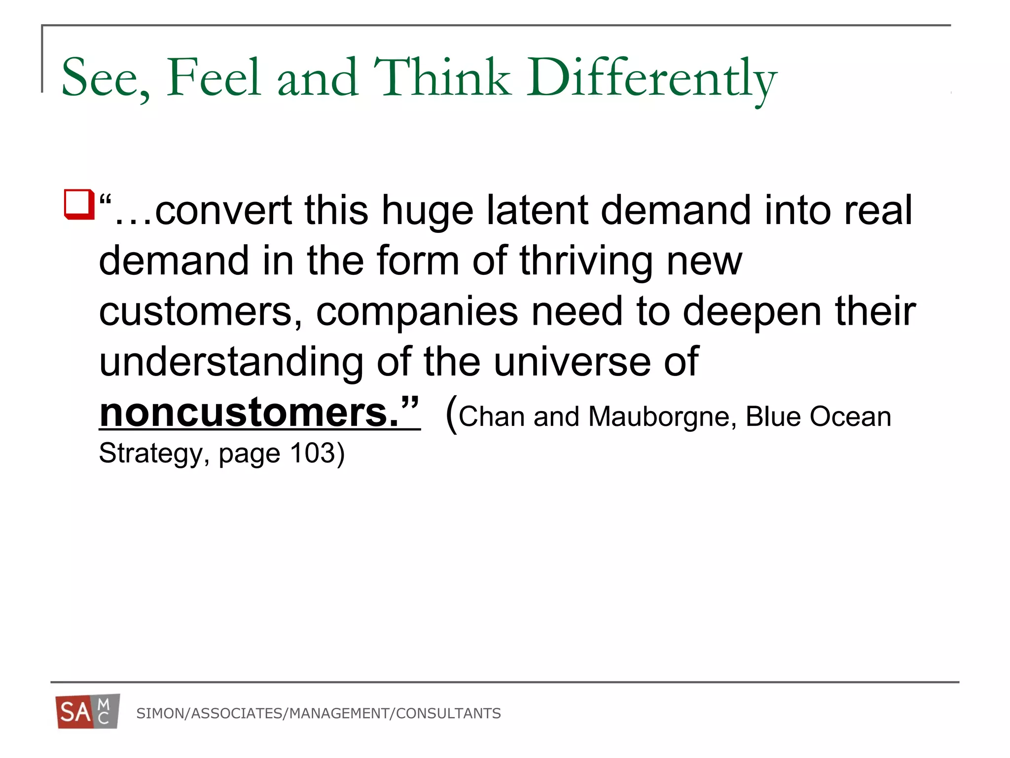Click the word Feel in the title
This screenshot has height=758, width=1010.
[213, 78]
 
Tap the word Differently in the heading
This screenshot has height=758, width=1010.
[651, 79]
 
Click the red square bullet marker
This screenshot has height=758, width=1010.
[79, 204]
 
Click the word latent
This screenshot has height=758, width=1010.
[537, 211]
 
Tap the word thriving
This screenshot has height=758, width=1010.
[586, 262]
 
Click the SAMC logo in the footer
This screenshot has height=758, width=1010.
[88, 711]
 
